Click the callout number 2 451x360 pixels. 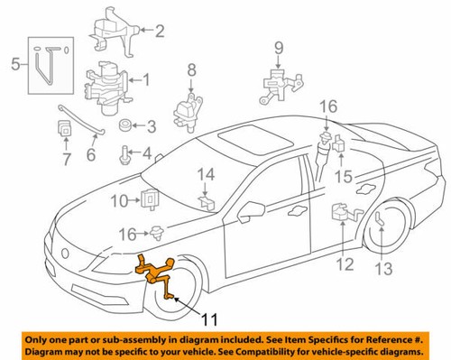(x=160, y=32)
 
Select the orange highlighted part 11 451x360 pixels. (x=156, y=270)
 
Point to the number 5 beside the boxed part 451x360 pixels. (x=14, y=64)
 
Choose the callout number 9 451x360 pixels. (x=278, y=48)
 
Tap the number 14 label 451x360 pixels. (x=206, y=173)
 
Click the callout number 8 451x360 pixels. (x=191, y=69)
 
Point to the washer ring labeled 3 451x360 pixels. (x=126, y=125)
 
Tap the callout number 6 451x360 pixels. (x=90, y=155)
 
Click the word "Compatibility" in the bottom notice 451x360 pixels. (x=273, y=348)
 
